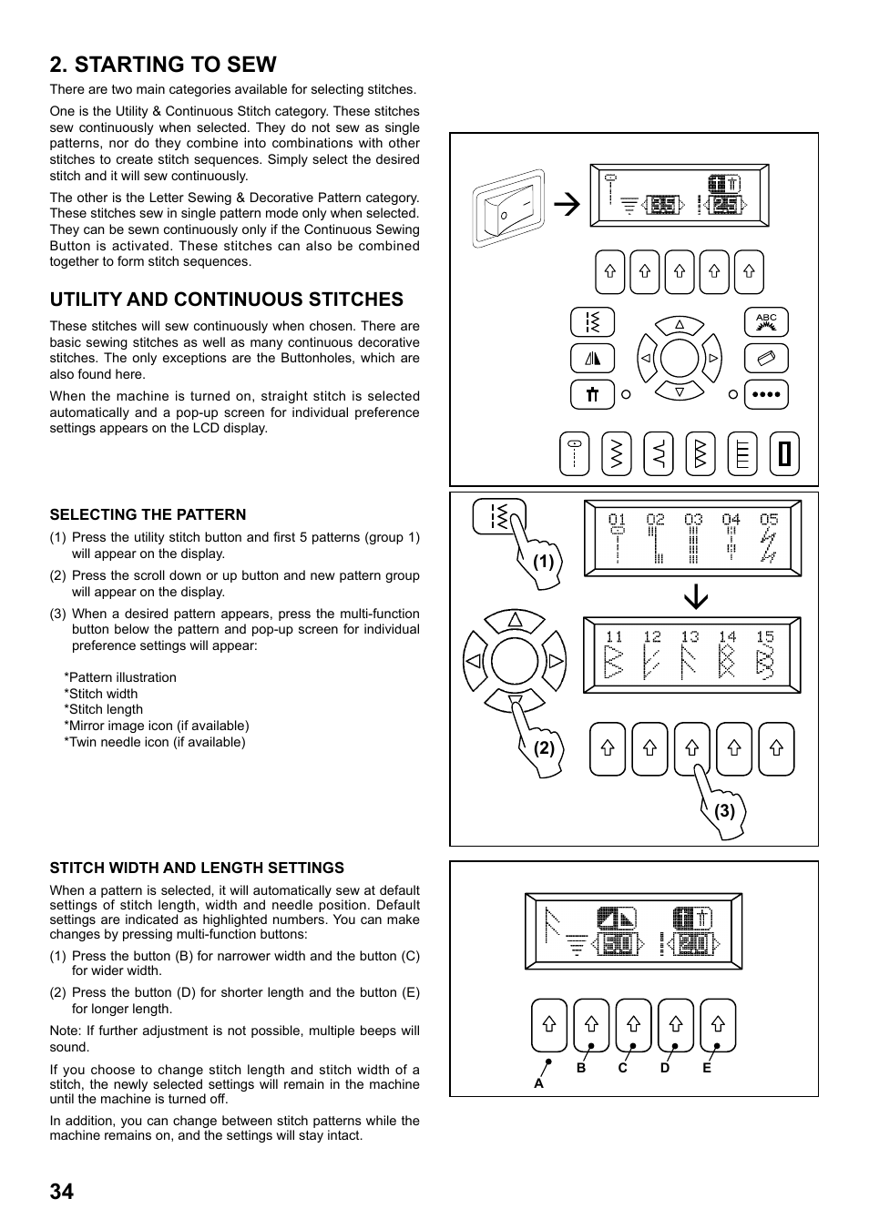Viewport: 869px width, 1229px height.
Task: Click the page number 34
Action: [x=62, y=1191]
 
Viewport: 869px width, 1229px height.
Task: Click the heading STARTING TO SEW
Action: [x=163, y=65]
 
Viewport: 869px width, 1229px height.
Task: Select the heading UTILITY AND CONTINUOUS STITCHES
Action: [x=226, y=300]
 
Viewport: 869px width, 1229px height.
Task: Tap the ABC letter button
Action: [x=766, y=322]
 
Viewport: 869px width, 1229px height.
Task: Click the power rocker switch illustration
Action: [x=508, y=208]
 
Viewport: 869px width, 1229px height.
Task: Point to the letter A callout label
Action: [x=538, y=1083]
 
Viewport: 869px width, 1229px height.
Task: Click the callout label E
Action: [x=707, y=1068]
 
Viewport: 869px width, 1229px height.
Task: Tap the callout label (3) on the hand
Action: [x=724, y=811]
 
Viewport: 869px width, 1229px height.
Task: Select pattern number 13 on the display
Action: [x=690, y=637]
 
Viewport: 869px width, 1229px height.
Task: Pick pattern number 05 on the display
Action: [x=769, y=520]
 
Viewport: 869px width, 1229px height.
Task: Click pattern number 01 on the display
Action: [x=618, y=520]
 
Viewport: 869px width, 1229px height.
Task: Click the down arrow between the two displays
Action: [x=696, y=595]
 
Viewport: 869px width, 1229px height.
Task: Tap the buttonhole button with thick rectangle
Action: [x=784, y=453]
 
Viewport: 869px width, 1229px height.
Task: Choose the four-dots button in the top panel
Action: [x=766, y=394]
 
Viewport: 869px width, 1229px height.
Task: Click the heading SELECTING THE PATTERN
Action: [x=148, y=514]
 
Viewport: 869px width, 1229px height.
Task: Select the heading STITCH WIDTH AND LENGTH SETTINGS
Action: [x=197, y=868]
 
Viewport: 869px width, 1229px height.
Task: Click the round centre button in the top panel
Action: [x=680, y=359]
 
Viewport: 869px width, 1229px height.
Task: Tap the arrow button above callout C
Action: [x=633, y=1025]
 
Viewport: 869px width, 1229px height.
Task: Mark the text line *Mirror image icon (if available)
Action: [x=156, y=726]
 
